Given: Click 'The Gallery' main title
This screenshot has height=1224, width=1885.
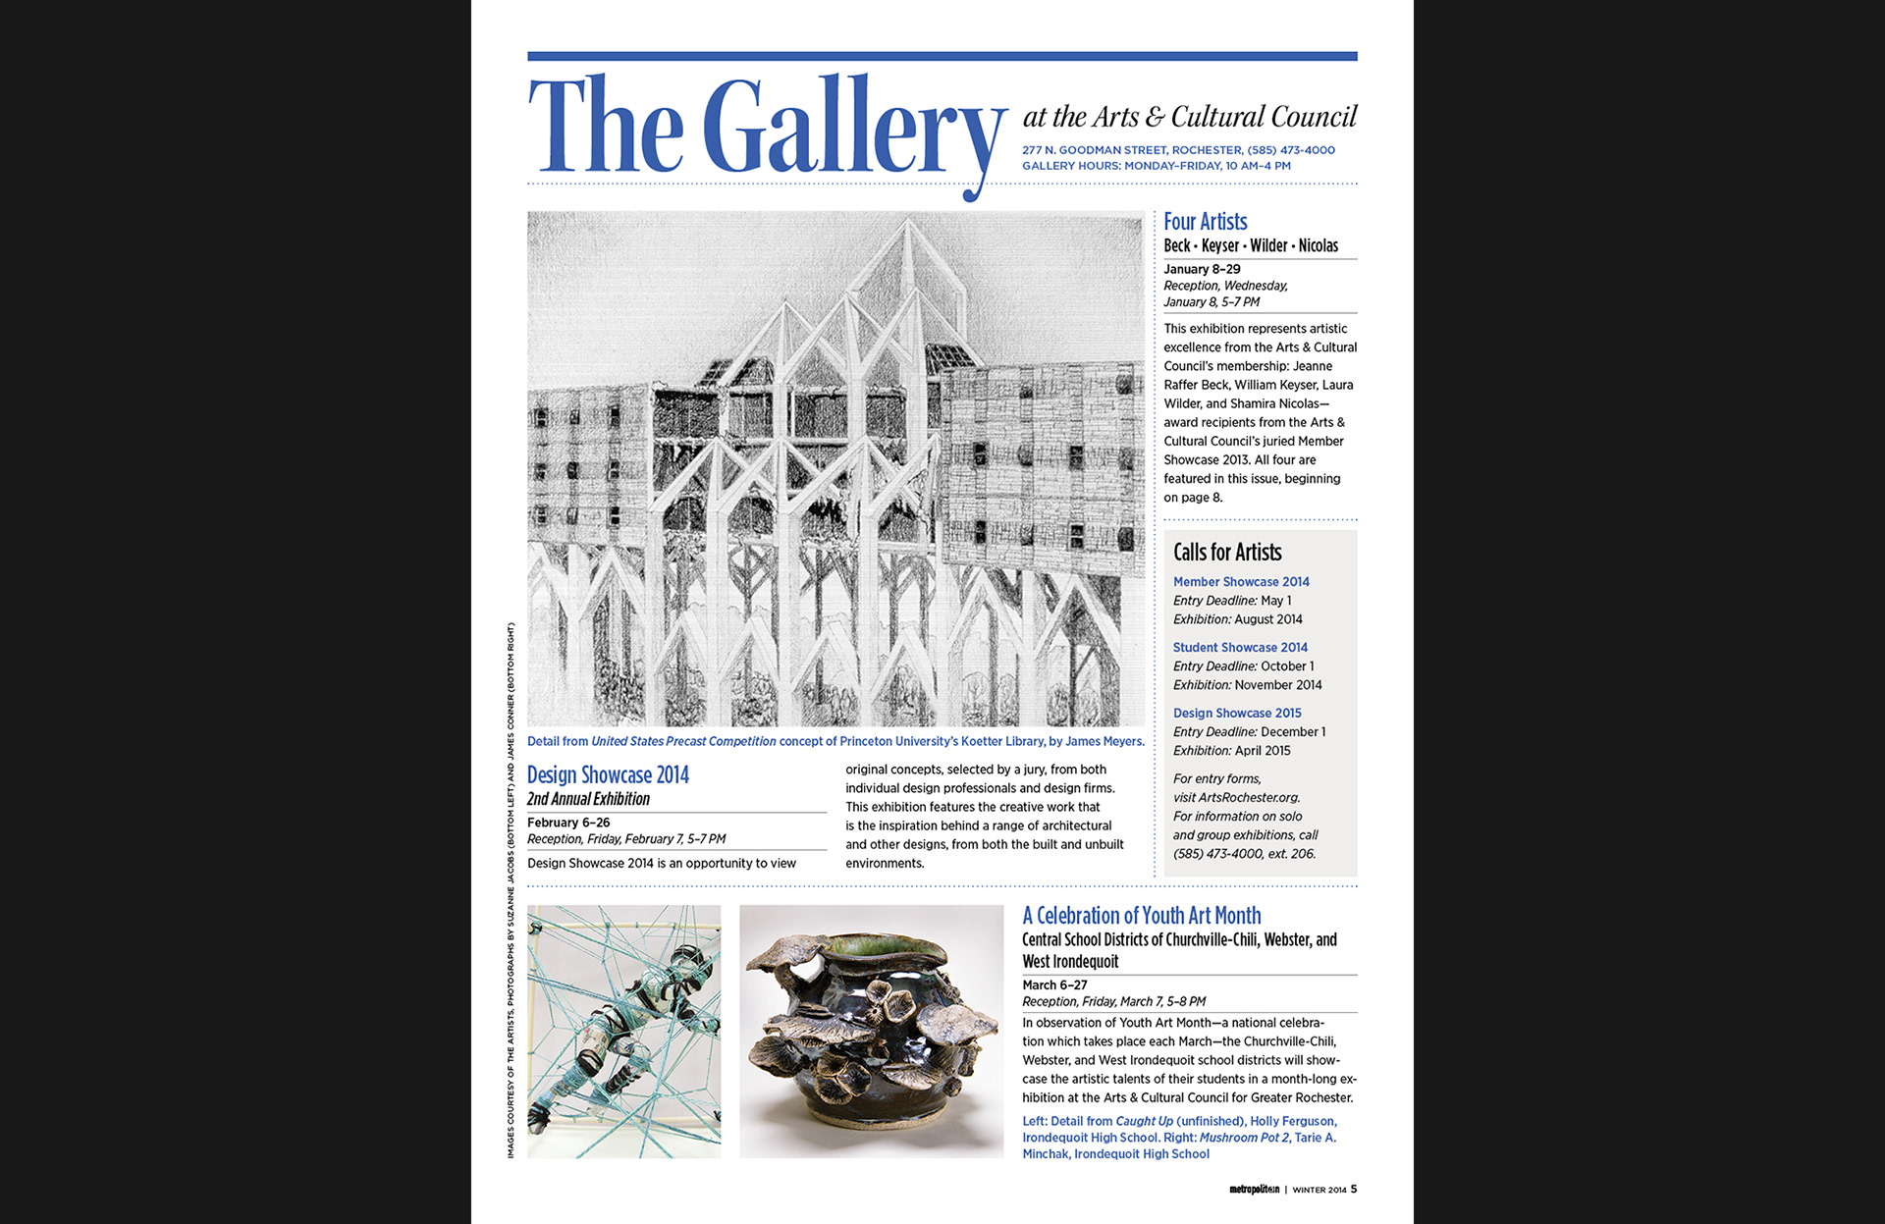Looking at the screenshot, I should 767,129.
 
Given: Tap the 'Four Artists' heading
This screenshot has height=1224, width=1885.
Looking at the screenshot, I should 1205,222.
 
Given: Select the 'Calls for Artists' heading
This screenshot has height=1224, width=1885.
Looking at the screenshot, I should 1226,553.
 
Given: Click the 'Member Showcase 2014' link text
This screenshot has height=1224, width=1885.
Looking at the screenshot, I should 1240,582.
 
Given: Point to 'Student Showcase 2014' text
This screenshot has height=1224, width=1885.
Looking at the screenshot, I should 1239,648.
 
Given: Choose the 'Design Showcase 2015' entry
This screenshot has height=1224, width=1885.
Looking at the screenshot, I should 1236,714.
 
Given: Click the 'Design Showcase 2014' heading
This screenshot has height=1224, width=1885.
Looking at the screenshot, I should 608,775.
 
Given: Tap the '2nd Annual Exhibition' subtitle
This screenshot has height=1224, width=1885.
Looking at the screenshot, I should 588,799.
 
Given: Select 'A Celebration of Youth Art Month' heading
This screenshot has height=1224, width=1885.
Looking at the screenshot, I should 1141,916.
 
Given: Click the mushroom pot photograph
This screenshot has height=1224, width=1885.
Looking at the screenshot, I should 871,1031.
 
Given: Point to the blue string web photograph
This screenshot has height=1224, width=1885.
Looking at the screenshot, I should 623,1031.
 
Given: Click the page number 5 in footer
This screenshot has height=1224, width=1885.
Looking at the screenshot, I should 1353,1190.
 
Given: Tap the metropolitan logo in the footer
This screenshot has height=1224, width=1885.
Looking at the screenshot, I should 1254,1190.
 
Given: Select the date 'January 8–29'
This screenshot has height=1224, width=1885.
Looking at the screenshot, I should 1202,269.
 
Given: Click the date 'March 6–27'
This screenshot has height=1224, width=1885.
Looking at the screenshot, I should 1054,985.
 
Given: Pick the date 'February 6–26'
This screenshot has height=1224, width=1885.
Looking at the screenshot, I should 568,823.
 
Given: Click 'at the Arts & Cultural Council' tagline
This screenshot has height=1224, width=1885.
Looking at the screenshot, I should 1189,118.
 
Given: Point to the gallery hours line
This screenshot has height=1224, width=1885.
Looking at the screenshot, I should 1156,166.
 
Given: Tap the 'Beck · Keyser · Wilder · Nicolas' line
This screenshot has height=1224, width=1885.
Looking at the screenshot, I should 1250,245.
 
